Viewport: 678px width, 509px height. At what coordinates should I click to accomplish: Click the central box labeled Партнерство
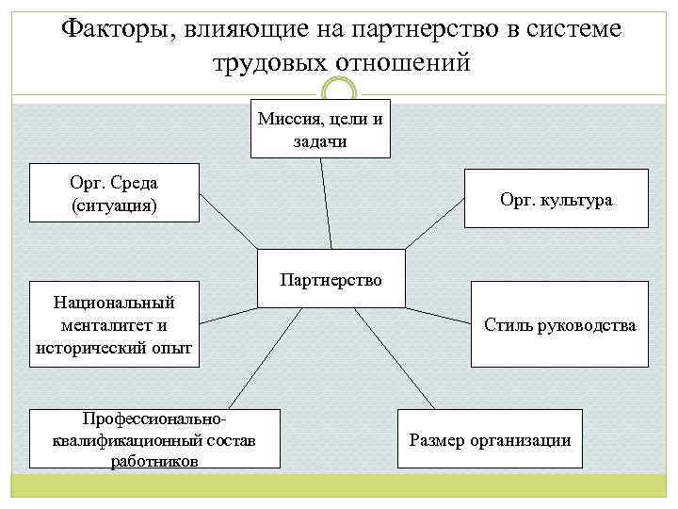coord(331,279)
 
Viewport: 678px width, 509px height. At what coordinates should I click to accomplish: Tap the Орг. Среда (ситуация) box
coord(114,193)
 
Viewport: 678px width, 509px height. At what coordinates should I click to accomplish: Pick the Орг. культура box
coord(557,199)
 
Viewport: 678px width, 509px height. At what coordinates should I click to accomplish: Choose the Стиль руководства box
coord(559,325)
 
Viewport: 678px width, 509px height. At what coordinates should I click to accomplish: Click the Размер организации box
coord(490,439)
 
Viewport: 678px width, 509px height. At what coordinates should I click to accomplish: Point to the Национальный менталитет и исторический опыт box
coord(114,325)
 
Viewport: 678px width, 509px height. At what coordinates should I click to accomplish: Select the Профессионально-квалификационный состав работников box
coord(155,438)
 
